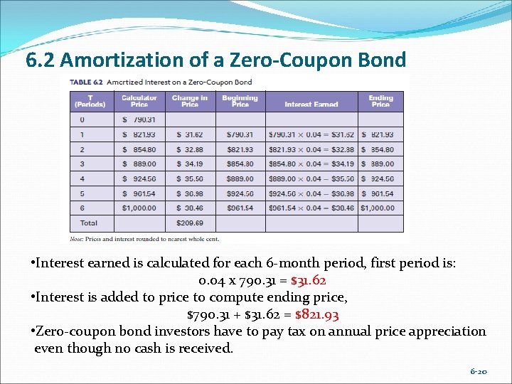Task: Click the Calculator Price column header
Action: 139,101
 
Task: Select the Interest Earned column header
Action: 311,104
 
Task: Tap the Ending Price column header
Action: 380,101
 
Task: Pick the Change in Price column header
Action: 190,101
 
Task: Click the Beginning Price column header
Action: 240,101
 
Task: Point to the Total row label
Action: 89,223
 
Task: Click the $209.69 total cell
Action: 189,223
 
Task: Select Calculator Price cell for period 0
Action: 139,119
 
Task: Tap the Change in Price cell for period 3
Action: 189,164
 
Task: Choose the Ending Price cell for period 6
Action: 380,208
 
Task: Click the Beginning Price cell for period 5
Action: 240,193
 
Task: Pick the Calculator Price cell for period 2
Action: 139,149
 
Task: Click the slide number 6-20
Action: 478,372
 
